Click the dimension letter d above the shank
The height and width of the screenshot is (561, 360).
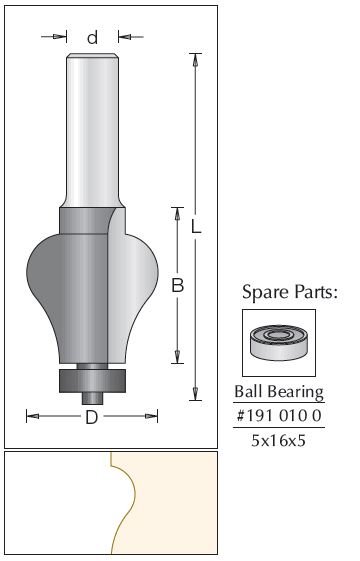click(92, 37)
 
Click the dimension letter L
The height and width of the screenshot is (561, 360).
click(196, 226)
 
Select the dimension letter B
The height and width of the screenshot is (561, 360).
click(177, 286)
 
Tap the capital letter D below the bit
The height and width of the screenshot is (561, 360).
click(92, 417)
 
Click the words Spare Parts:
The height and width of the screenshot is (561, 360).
click(290, 292)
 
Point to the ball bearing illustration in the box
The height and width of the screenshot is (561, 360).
click(279, 342)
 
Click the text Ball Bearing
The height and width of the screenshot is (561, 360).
click(279, 392)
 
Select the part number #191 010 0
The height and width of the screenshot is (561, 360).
click(279, 416)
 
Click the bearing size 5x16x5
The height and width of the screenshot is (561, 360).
click(279, 440)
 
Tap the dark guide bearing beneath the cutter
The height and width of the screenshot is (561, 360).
click(92, 381)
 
